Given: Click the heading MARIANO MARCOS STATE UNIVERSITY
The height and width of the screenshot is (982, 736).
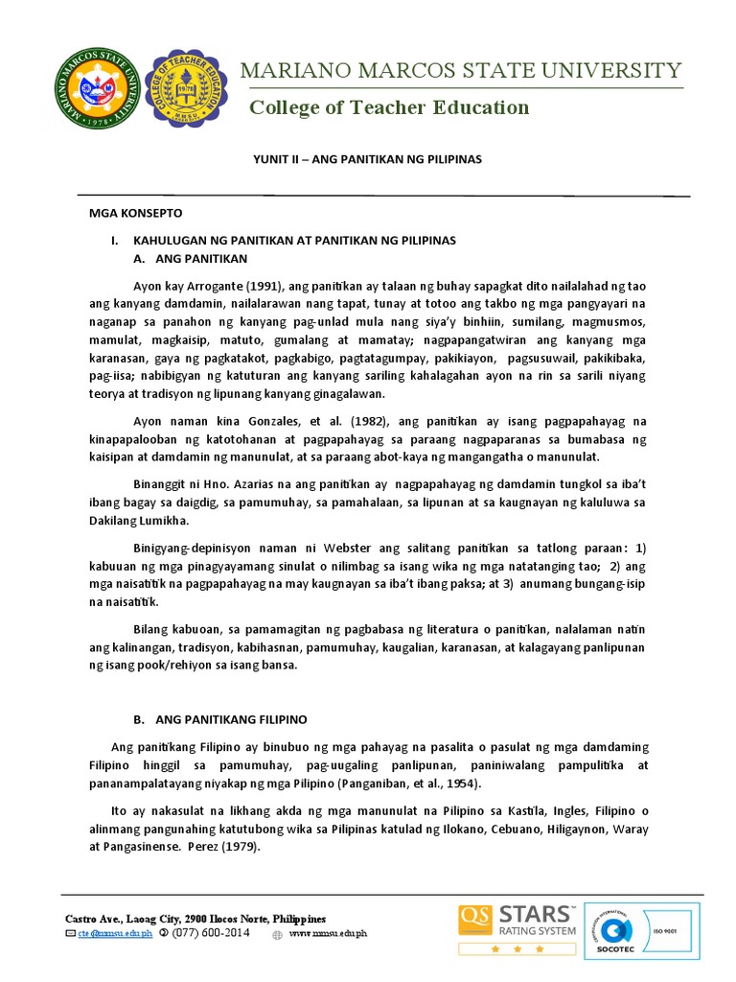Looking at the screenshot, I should coord(461,71).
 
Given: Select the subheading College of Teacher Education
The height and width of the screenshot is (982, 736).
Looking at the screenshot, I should coord(389,107).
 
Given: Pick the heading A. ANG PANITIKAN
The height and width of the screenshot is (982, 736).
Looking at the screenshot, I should coord(191,259).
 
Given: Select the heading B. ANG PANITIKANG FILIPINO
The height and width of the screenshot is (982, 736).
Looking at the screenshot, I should coord(219,719).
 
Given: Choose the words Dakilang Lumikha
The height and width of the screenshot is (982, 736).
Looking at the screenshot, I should coord(138,522).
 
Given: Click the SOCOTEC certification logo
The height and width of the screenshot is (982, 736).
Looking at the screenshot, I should coord(633,930).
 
